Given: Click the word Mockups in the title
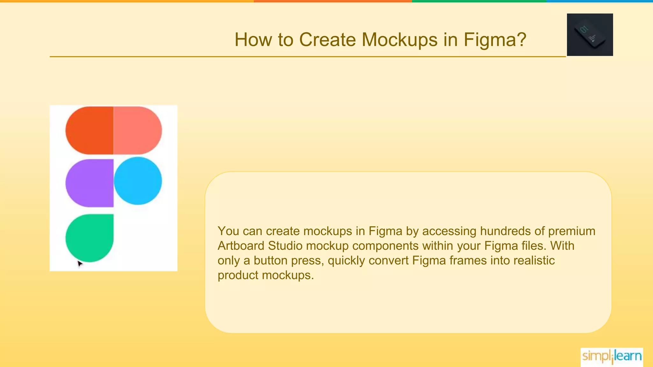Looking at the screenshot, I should click(400, 40).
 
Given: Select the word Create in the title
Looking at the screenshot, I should click(327, 40).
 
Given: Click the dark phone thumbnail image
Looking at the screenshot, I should click(590, 35).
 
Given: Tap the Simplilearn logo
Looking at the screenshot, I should click(612, 356).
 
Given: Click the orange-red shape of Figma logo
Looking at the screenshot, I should click(90, 130).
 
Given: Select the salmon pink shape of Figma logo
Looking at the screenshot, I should click(137, 130).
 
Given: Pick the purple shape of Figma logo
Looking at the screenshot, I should click(90, 183).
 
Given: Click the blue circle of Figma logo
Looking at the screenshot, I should click(138, 181).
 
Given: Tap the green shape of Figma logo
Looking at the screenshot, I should click(90, 238).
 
